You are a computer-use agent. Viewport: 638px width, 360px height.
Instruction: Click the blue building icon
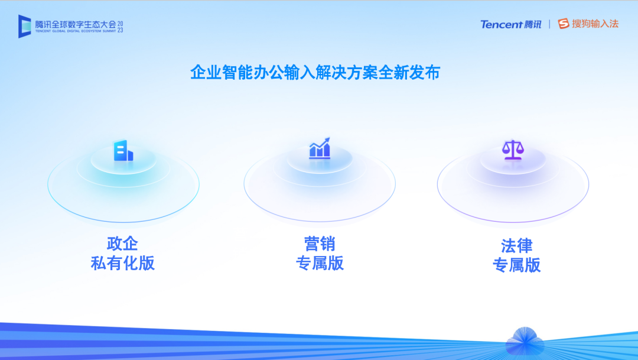123,151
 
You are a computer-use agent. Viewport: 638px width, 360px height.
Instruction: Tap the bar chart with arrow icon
320,148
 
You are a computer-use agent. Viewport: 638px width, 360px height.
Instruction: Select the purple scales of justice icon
513,150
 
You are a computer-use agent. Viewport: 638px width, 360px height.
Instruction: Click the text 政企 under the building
122,244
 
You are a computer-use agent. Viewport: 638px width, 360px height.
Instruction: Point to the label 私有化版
122,263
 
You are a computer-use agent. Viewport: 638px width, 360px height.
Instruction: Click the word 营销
320,244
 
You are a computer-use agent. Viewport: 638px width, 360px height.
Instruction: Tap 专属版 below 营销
320,263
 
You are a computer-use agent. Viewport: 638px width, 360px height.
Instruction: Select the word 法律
517,246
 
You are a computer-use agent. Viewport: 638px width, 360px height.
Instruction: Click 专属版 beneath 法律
517,265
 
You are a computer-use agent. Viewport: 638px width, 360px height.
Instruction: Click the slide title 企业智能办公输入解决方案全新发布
315,73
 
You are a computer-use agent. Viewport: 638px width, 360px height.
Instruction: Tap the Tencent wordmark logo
502,24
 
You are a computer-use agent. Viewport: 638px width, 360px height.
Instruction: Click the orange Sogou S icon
564,24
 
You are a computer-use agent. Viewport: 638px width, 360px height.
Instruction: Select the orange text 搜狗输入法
595,24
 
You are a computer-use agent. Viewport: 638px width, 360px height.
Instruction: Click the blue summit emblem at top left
24,27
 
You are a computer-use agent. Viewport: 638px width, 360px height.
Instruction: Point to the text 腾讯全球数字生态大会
75,24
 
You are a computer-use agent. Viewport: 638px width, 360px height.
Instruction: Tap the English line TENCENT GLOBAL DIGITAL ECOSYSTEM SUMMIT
75,31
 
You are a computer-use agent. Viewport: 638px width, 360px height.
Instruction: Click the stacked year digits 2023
120,27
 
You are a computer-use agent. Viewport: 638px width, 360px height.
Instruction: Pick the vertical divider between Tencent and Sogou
549,24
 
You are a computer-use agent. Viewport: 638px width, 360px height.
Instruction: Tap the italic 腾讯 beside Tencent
533,24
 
